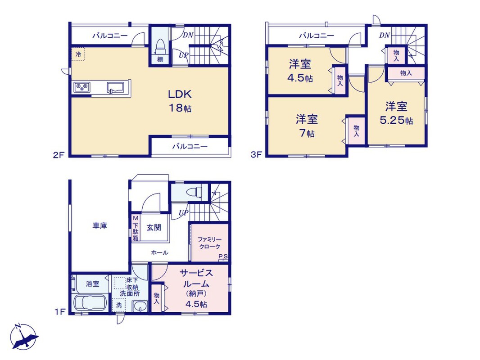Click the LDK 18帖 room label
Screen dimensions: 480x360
click(180, 101)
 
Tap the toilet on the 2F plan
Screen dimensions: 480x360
click(160, 45)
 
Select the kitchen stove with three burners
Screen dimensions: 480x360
click(82, 87)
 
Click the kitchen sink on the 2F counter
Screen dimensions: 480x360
click(116, 87)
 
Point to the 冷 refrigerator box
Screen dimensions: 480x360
click(78, 54)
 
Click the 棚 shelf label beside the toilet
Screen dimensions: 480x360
click(160, 59)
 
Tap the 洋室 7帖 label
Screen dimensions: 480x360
click(307, 126)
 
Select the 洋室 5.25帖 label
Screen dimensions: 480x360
click(396, 113)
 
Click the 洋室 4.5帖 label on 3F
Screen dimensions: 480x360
click(300, 71)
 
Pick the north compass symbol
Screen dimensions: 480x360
click(23, 337)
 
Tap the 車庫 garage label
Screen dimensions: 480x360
click(100, 226)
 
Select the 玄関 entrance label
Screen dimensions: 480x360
click(154, 228)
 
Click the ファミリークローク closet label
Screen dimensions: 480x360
click(209, 243)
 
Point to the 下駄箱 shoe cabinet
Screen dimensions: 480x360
click(135, 228)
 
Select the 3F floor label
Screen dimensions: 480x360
click(256, 155)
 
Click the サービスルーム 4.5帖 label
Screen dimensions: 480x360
click(196, 288)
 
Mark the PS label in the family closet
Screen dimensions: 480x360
click(223, 257)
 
